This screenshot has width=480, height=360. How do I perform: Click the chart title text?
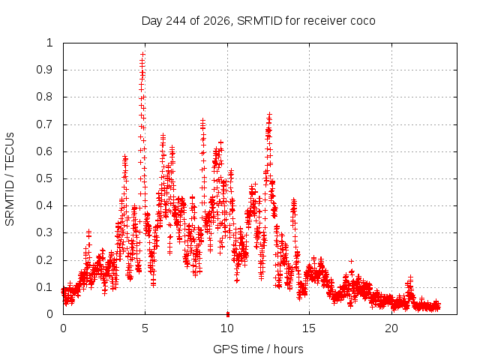pyautogui.click(x=258, y=21)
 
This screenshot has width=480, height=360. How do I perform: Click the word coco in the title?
pyautogui.click(x=363, y=21)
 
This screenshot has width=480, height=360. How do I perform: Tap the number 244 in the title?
pyautogui.click(x=175, y=21)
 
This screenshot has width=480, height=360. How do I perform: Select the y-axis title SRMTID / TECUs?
pyautogui.click(x=10, y=179)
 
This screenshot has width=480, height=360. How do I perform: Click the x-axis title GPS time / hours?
pyautogui.click(x=258, y=349)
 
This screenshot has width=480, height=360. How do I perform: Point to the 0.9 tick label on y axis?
pyautogui.click(x=44, y=70)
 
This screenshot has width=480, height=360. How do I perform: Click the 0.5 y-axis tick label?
pyautogui.click(x=44, y=178)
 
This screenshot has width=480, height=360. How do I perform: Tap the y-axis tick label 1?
pyautogui.click(x=50, y=43)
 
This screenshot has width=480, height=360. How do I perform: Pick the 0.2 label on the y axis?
pyautogui.click(x=44, y=260)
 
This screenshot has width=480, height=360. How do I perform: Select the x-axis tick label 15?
pyautogui.click(x=309, y=328)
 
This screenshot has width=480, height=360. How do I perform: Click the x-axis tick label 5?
pyautogui.click(x=145, y=328)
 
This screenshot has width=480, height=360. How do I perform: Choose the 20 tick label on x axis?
pyautogui.click(x=391, y=328)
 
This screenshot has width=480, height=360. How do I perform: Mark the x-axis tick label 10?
pyautogui.click(x=227, y=328)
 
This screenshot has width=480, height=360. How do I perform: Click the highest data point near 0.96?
pyautogui.click(x=142, y=55)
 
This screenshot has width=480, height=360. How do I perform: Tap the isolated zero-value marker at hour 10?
pyautogui.click(x=228, y=314)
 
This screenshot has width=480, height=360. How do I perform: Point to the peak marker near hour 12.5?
pyautogui.click(x=269, y=115)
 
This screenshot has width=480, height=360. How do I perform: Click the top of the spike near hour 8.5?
pyautogui.click(x=202, y=120)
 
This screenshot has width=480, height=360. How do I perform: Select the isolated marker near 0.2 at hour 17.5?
pyautogui.click(x=352, y=261)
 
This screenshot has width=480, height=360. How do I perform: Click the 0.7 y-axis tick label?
pyautogui.click(x=44, y=124)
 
